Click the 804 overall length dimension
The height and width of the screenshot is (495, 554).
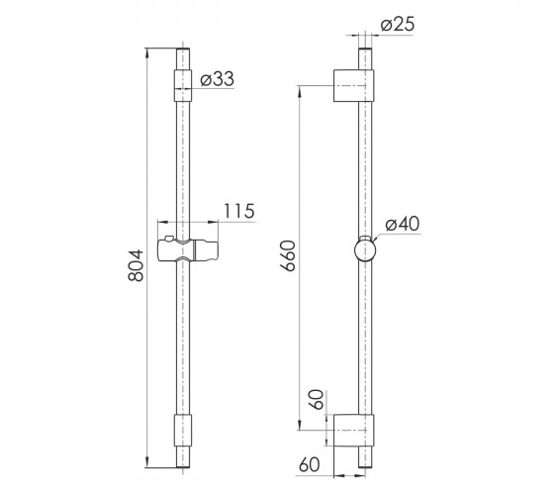coord(137,265)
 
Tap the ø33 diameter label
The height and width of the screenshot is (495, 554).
coord(217,78)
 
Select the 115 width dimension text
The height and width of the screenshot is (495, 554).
coord(239,211)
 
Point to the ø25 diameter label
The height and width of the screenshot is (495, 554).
coord(398,25)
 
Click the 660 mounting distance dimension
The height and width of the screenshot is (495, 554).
coord(289,255)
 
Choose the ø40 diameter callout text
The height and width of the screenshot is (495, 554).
coord(403,224)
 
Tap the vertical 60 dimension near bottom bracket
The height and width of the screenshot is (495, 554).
coord(319,400)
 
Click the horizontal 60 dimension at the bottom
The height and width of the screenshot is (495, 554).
coord(309,464)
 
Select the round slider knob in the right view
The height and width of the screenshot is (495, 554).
coord(365,248)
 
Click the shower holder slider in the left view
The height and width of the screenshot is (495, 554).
coord(187,249)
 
